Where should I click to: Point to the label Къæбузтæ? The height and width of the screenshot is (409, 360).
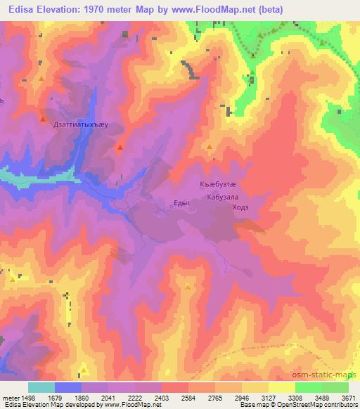pos(215,185)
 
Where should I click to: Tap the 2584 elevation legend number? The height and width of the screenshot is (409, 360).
pos(189,397)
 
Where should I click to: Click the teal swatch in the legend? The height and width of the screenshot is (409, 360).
pos(41,387)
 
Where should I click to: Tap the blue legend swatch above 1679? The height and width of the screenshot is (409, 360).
pos(67,387)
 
